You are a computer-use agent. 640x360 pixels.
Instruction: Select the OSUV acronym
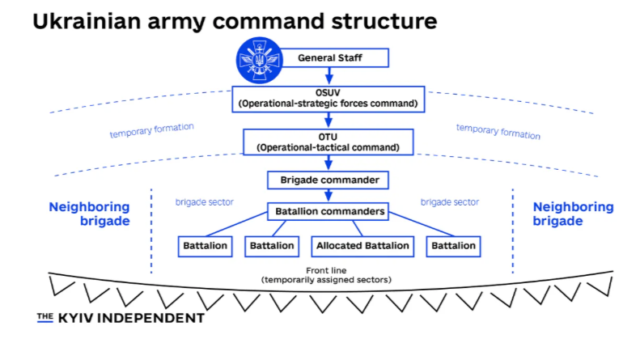click(328, 92)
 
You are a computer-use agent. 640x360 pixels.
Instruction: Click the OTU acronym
click(328, 136)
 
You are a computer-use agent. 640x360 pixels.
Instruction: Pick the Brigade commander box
click(328, 179)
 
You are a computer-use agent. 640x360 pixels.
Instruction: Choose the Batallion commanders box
click(328, 213)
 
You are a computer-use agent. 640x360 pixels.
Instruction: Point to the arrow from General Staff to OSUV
click(328, 76)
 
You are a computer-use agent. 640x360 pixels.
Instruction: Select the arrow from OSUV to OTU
click(328, 120)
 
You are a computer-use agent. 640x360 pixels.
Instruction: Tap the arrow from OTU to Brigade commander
click(328, 163)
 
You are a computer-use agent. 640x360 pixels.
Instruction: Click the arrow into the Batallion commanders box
click(328, 197)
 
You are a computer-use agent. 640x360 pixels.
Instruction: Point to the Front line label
click(327, 270)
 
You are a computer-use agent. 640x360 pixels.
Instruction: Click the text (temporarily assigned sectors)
click(327, 280)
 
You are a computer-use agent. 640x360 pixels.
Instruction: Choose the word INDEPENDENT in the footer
click(152, 319)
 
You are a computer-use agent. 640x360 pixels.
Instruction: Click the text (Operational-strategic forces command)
click(328, 104)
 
